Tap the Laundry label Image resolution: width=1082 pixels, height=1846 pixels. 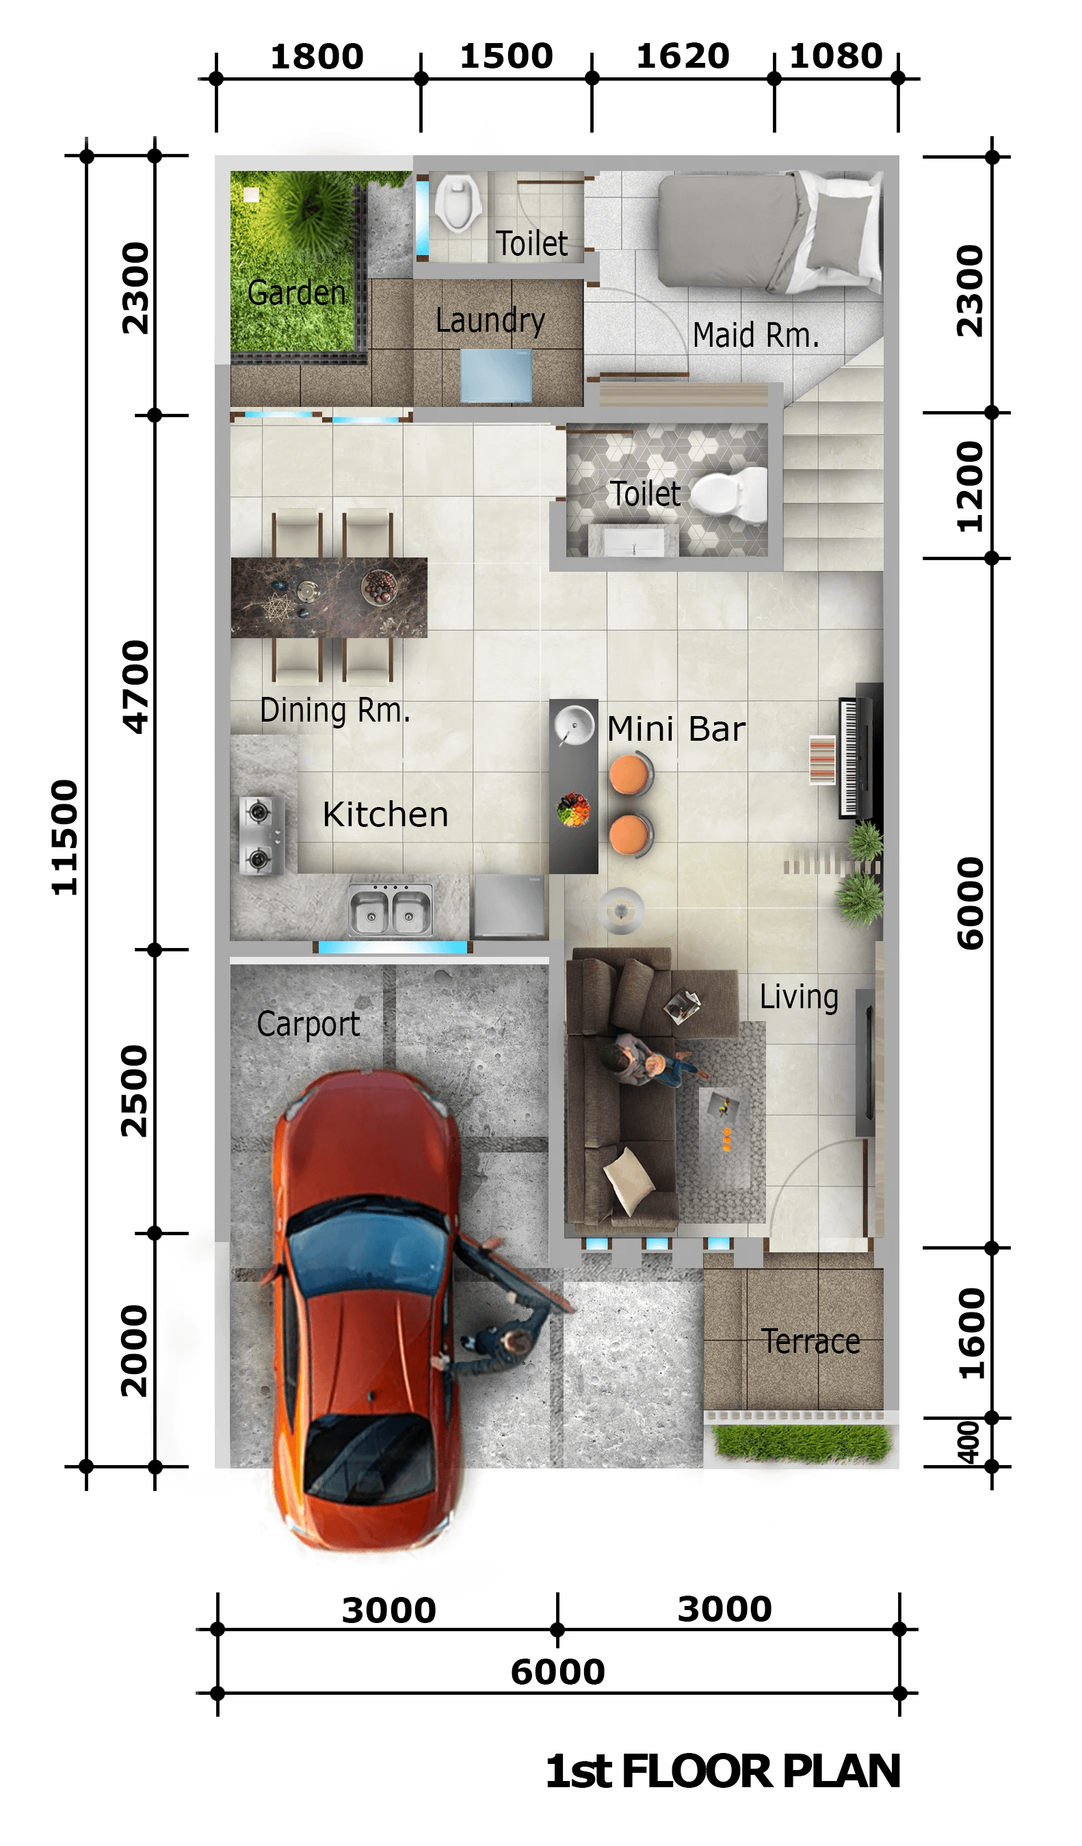tap(490, 320)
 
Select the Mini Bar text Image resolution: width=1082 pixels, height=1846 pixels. tap(676, 729)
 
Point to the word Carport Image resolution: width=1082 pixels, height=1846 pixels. tap(308, 1025)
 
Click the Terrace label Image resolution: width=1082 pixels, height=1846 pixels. tap(810, 1341)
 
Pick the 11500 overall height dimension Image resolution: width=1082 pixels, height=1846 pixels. tap(64, 837)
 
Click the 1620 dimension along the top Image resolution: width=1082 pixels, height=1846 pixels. tap(683, 56)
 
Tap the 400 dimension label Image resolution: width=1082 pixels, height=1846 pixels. tap(968, 1442)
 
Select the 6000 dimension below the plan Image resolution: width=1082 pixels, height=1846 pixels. tap(557, 1672)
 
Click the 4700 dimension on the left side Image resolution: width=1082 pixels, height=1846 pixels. tap(135, 687)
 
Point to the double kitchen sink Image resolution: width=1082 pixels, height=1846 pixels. tap(390, 908)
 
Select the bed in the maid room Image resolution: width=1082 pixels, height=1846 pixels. tap(769, 231)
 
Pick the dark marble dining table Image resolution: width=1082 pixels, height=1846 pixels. tap(329, 597)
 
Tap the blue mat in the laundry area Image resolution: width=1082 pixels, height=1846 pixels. tap(497, 375)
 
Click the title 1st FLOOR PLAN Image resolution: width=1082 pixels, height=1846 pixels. tap(723, 1772)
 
